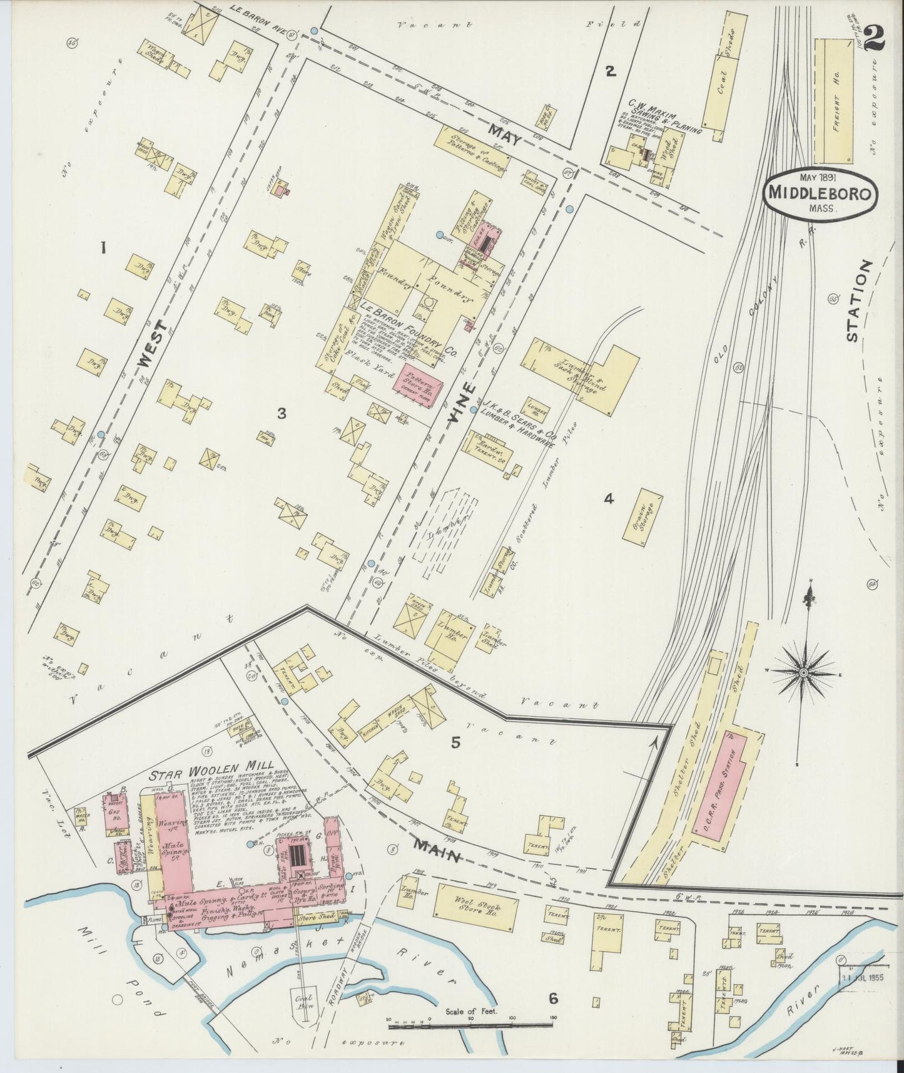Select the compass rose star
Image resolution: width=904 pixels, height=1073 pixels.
coord(803,672)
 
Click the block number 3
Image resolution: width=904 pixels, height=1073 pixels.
coord(282,413)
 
